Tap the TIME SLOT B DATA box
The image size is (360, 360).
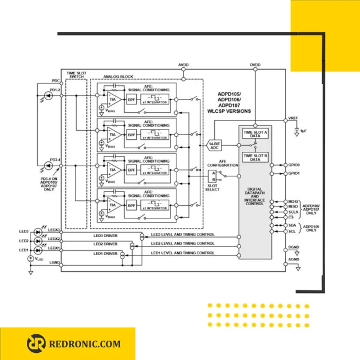(x=255, y=157)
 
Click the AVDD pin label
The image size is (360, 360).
(x=184, y=64)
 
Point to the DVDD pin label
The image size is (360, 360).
(x=255, y=64)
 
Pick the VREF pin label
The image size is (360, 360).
(x=293, y=118)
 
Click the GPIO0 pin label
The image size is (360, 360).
(x=294, y=164)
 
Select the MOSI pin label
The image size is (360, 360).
(x=293, y=202)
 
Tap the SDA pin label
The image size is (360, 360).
(x=292, y=225)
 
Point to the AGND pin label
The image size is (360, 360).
(x=293, y=259)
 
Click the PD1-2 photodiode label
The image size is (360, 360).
(x=55, y=90)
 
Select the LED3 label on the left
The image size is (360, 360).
(x=24, y=231)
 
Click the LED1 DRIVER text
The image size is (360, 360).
(x=105, y=254)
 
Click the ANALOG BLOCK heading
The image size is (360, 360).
(x=118, y=77)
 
